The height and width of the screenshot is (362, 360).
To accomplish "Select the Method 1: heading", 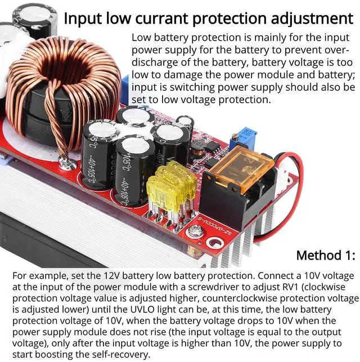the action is pos(326,255).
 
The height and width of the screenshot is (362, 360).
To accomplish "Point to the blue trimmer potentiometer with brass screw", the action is pos(243,135).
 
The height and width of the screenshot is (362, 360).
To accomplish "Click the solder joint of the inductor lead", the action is pos(68,164).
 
